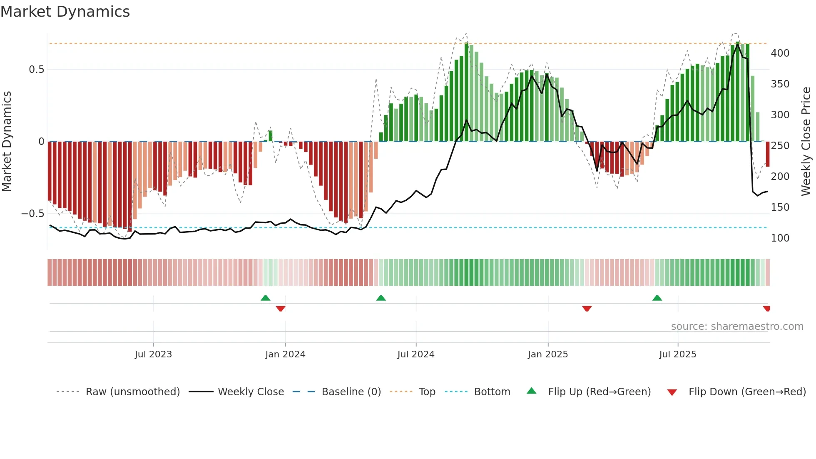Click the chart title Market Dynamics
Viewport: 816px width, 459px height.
(x=65, y=12)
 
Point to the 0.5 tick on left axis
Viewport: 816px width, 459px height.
(x=36, y=70)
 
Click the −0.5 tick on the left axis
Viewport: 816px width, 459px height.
(x=33, y=214)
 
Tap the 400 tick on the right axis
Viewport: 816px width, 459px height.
(x=780, y=53)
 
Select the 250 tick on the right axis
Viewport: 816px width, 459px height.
(x=780, y=146)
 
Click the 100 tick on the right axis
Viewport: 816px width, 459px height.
(x=780, y=238)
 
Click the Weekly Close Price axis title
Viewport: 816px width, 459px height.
(x=806, y=142)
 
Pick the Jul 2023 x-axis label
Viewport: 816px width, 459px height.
(x=153, y=354)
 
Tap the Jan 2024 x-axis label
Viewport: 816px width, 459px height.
(x=285, y=354)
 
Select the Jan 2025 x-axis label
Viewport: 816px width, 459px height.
(x=547, y=354)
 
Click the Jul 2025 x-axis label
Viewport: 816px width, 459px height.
(x=677, y=354)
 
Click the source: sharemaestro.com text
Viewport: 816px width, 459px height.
(x=737, y=327)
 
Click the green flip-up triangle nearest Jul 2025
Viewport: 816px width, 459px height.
(x=657, y=298)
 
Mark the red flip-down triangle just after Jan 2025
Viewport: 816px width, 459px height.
(x=587, y=309)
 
